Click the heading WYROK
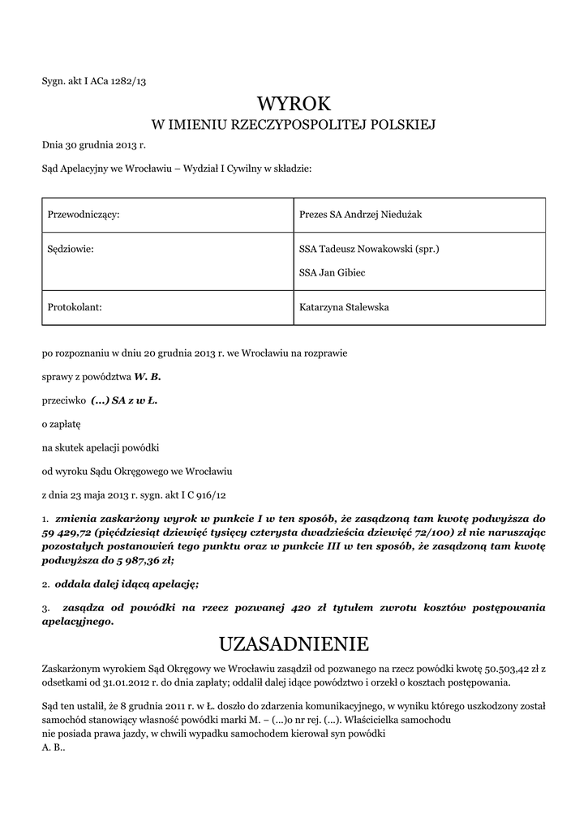pos(294,103)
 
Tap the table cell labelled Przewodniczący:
pos(84,214)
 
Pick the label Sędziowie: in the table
pos(71,250)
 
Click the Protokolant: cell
pos(75,307)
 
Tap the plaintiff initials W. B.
pos(148,377)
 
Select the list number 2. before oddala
pos(45,584)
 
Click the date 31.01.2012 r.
pos(122,682)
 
